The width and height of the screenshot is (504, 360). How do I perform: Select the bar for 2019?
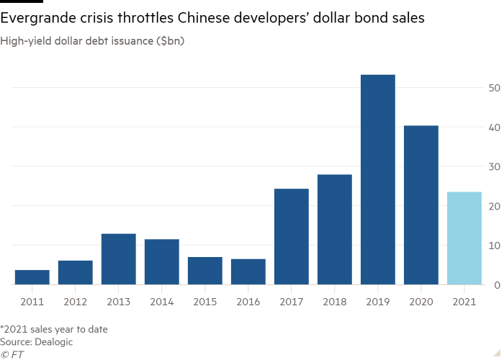pyautogui.click(x=377, y=180)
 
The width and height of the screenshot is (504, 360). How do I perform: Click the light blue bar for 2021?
pyautogui.click(x=464, y=238)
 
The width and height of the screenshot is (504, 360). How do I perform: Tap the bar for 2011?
pyautogui.click(x=32, y=277)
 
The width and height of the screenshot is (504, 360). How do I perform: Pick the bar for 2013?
pyautogui.click(x=118, y=259)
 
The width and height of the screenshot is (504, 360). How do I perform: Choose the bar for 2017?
pyautogui.click(x=291, y=237)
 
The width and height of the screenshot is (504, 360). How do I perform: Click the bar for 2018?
pyautogui.click(x=334, y=230)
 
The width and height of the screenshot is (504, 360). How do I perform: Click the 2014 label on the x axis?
pyautogui.click(x=161, y=301)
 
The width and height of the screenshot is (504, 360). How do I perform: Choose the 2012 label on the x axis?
pyautogui.click(x=75, y=301)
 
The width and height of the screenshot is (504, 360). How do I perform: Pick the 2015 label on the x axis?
pyautogui.click(x=204, y=301)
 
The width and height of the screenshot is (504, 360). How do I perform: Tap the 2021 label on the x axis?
pyautogui.click(x=464, y=301)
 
